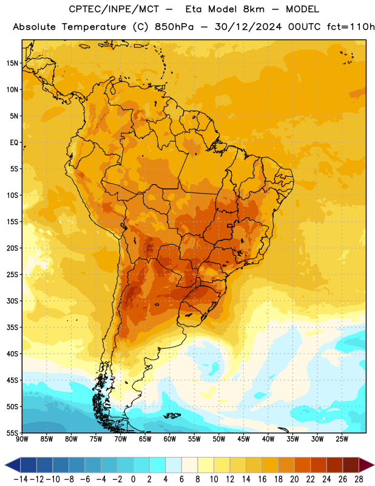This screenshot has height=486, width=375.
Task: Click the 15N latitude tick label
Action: tap(12, 63)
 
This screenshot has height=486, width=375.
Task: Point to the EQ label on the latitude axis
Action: tap(14, 143)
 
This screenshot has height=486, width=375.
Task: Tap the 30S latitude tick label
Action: tap(12, 301)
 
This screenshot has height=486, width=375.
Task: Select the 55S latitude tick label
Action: tap(12, 433)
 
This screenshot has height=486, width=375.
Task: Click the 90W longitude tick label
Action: tap(22, 439)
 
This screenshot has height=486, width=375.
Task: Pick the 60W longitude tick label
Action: tap(170, 439)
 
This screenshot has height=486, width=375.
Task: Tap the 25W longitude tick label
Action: tap(342, 439)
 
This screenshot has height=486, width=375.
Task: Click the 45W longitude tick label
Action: tap(243, 439)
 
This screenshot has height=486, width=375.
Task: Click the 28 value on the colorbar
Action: tap(359, 479)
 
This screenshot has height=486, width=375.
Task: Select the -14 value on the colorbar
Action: tap(21, 479)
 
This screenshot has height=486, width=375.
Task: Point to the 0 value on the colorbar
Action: tap(133, 479)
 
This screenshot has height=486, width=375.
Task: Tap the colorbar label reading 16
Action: tap(262, 479)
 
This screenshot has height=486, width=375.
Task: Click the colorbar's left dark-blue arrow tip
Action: tap(5, 465)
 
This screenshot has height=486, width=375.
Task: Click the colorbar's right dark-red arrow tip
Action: tap(374, 465)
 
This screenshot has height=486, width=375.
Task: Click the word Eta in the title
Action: tap(194, 9)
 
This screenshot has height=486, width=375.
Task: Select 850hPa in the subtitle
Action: tap(174, 27)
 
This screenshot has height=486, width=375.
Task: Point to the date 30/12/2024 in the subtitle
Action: tap(248, 27)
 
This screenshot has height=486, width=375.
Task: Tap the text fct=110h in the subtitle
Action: tap(351, 27)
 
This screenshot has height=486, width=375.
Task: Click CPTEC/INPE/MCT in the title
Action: tap(114, 9)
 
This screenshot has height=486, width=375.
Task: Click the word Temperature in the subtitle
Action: tap(94, 27)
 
